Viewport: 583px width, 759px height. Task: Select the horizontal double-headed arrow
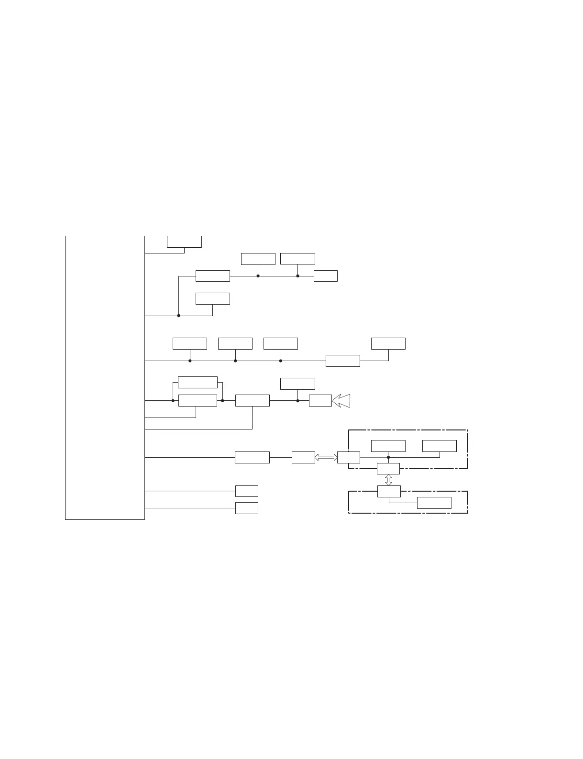[326, 458]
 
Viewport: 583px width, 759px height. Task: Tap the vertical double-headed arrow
[388, 480]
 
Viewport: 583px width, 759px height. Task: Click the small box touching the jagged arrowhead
[320, 401]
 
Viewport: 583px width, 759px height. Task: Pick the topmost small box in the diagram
[184, 242]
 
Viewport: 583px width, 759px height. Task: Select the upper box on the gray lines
[246, 491]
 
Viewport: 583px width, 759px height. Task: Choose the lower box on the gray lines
[246, 508]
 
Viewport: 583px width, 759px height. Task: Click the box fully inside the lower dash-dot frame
[434, 503]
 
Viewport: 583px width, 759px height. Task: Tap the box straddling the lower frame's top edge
[388, 491]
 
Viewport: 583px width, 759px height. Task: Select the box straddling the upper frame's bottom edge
[388, 469]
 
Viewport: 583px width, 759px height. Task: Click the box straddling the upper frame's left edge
[348, 457]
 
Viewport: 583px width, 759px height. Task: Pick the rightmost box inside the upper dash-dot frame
[439, 446]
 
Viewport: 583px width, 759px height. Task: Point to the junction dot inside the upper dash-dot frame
[388, 457]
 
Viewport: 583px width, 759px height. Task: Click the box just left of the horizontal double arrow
[303, 457]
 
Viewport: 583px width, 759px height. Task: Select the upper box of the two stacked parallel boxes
[198, 382]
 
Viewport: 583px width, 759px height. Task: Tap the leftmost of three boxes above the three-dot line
[189, 343]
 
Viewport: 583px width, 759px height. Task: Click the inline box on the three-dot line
[342, 361]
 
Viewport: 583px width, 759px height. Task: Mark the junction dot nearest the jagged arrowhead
[297, 401]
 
